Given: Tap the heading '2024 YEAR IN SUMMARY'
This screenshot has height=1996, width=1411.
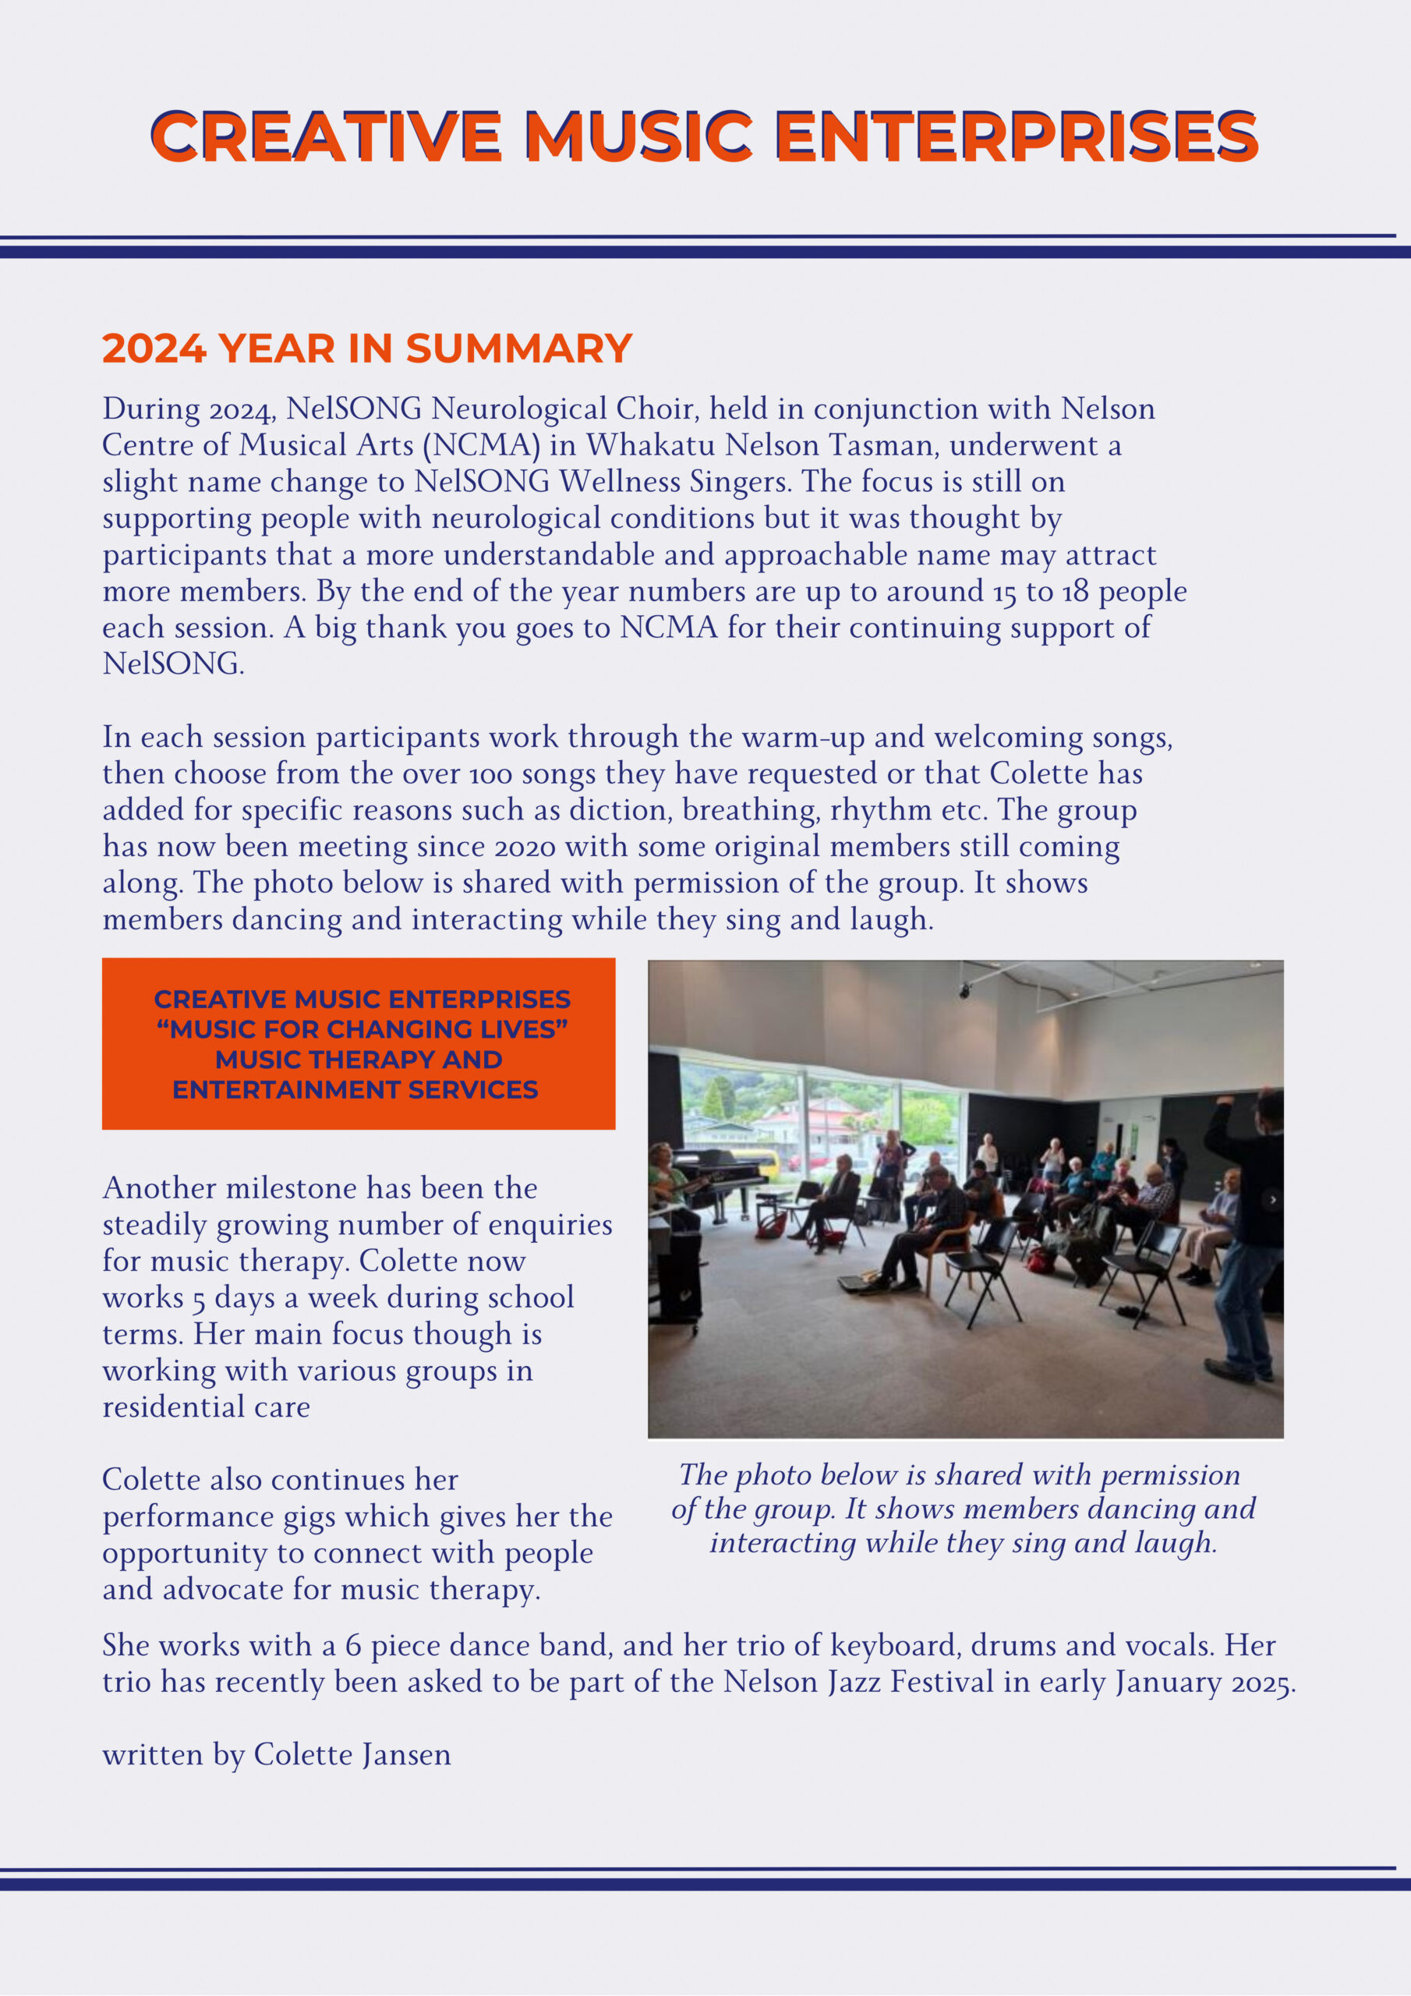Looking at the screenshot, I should pos(367,349).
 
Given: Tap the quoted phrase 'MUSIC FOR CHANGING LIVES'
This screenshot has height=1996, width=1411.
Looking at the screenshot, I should pos(362,1029).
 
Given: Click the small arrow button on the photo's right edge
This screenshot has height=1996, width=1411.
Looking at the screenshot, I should pos(1273,1200).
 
